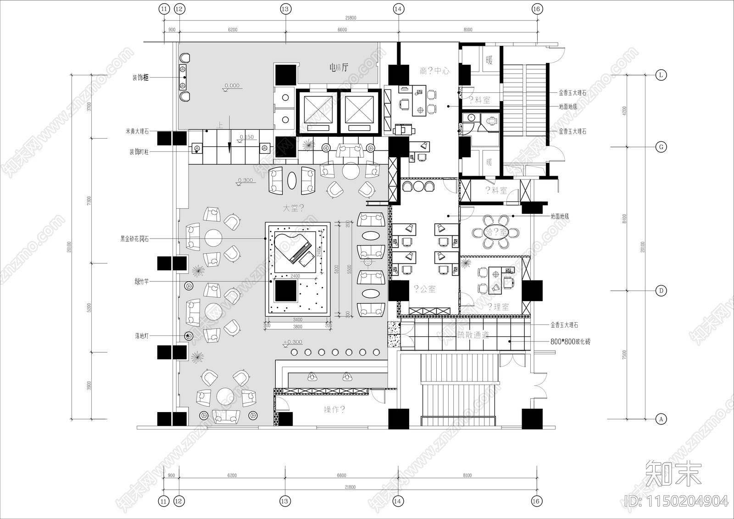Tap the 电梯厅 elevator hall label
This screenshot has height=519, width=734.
tap(339, 68)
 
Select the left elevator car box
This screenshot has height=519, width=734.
tap(318, 112)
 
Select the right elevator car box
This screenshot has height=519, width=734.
tap(359, 112)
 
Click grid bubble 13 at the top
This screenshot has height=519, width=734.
tap(285, 9)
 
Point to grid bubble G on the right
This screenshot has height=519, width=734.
tap(661, 147)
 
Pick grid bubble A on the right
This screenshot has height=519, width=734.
tap(661, 419)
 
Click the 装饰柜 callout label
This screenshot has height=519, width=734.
tap(140, 78)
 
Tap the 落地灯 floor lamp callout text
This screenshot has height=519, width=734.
tap(142, 336)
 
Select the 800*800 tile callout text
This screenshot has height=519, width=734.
tap(570, 342)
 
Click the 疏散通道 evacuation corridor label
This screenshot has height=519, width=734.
tap(473, 335)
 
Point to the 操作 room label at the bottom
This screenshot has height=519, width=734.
tap(334, 409)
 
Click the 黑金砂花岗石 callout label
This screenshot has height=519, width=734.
tap(134, 239)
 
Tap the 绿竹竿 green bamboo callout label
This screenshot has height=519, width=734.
tap(142, 281)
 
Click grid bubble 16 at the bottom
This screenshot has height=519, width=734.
tap(536, 501)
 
